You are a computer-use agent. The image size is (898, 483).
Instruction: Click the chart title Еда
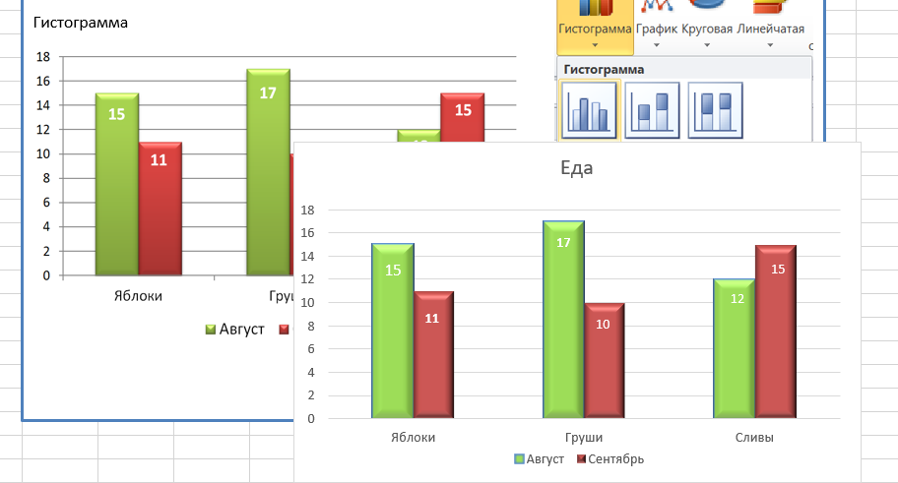tap(576, 168)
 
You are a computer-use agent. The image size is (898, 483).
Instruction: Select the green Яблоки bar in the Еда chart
tap(393, 330)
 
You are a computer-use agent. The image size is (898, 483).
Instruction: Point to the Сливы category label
tap(754, 438)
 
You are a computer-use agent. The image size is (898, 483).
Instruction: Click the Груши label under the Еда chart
tap(585, 438)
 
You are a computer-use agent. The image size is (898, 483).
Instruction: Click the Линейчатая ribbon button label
tap(771, 29)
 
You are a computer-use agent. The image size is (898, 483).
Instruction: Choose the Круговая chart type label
tap(708, 29)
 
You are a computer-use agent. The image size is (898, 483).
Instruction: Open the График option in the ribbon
tap(656, 29)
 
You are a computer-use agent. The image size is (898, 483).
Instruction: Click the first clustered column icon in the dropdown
tap(589, 110)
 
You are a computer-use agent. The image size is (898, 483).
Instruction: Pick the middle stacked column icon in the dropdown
tap(652, 110)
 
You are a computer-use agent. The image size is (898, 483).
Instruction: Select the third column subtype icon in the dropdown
tap(715, 110)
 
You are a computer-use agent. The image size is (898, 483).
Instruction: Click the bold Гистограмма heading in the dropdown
tap(603, 70)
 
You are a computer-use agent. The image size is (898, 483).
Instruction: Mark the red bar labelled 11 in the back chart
tap(160, 208)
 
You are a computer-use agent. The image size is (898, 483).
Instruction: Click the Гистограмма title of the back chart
tap(81, 23)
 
